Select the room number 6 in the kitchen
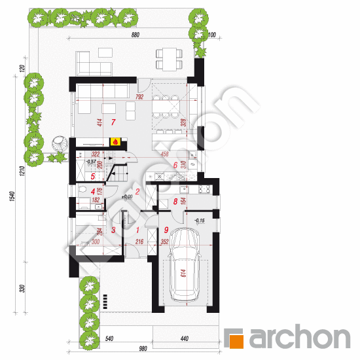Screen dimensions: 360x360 pyautogui.click(x=175, y=166)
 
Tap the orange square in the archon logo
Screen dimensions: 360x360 pyautogui.click(x=234, y=338)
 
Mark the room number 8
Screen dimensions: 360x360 pyautogui.click(x=175, y=202)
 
